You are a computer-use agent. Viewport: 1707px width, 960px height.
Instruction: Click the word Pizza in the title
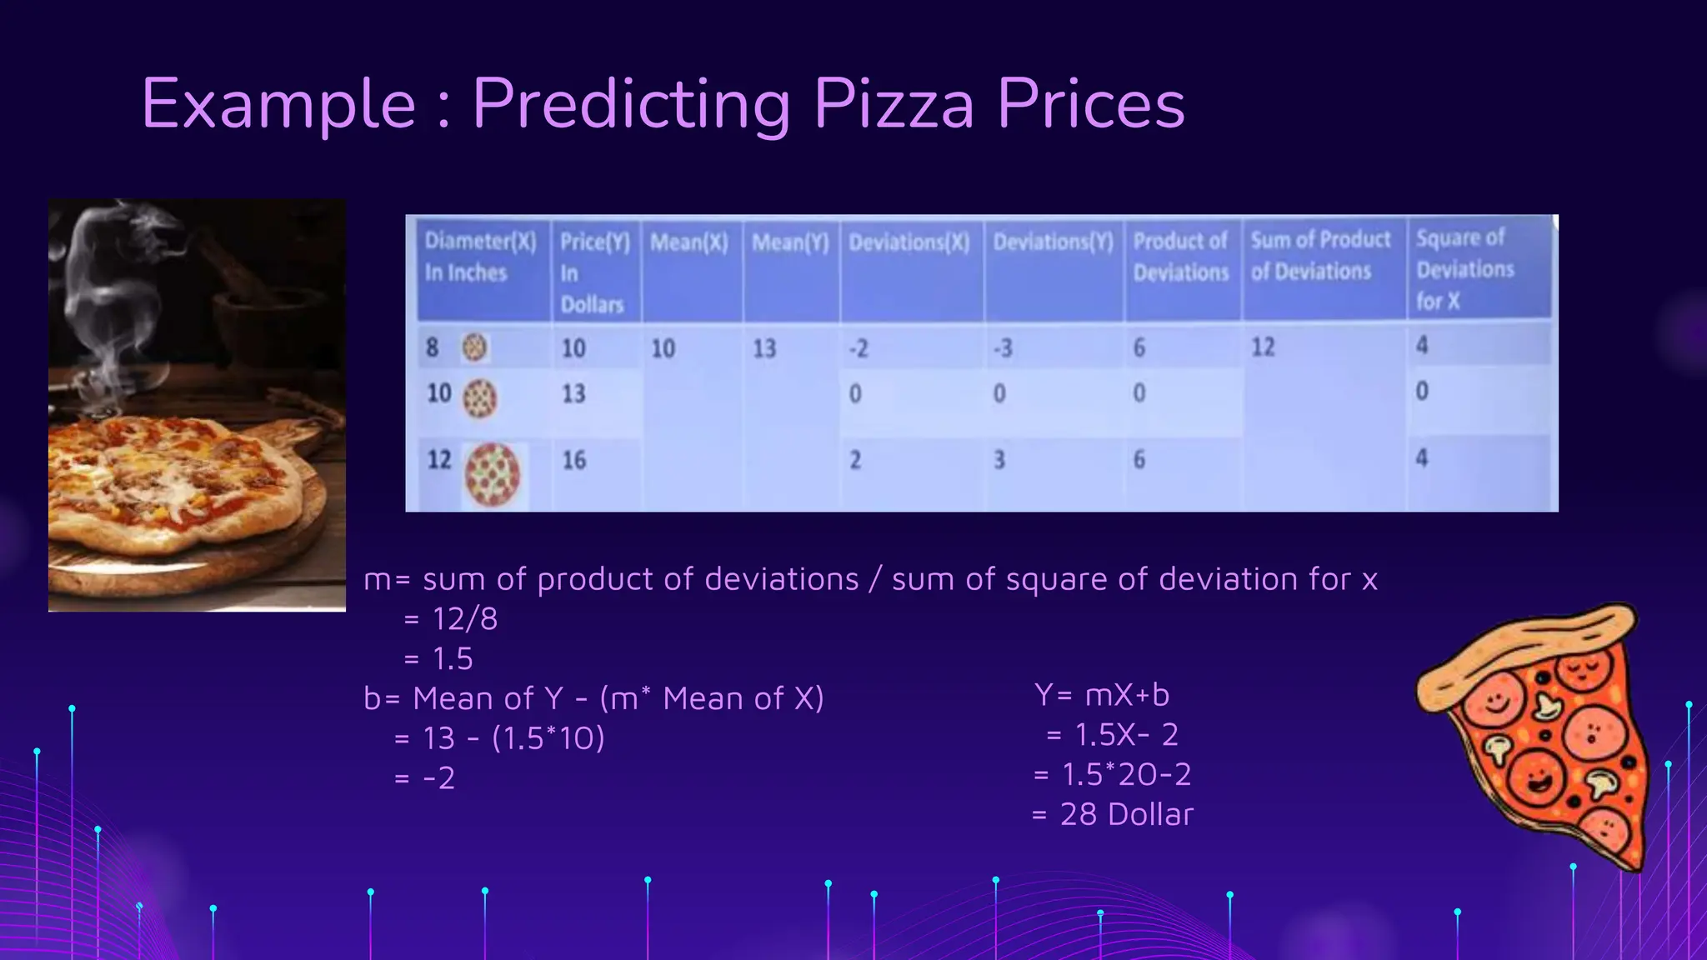click(894, 104)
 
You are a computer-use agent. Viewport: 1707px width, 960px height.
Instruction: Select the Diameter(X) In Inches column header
click(480, 257)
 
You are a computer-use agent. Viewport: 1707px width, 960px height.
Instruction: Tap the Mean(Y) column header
click(790, 242)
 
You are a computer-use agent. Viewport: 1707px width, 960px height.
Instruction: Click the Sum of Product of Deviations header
click(1319, 255)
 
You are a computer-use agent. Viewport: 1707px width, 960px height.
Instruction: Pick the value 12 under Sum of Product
click(1263, 347)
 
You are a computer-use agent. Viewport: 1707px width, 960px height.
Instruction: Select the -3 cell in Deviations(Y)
click(1002, 347)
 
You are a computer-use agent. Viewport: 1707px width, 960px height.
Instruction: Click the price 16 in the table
click(573, 460)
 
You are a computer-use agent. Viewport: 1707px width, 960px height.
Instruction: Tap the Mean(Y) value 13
click(763, 348)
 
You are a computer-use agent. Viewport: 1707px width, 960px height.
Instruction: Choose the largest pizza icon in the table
click(492, 474)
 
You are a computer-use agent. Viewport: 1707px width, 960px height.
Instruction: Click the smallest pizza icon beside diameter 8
click(475, 347)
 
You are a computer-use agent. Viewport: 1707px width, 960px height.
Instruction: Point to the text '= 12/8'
click(450, 619)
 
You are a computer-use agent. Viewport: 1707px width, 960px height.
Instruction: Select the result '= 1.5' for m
click(438, 659)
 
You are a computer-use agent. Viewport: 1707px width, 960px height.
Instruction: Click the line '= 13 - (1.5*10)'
click(499, 738)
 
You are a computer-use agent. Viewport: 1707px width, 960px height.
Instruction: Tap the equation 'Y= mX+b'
click(1102, 694)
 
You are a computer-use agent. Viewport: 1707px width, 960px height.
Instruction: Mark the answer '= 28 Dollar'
click(1112, 814)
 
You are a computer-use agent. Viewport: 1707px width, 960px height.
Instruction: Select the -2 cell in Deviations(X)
click(859, 348)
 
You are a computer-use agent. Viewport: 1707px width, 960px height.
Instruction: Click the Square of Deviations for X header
click(1464, 269)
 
